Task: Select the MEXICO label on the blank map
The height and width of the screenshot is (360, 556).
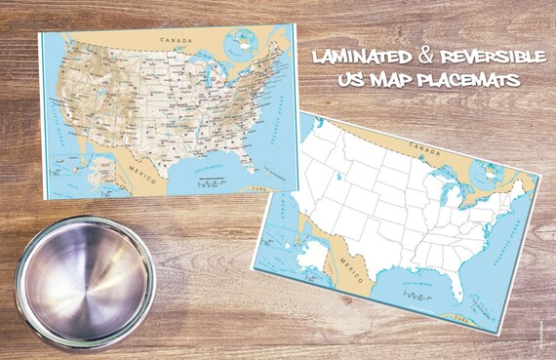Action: tap(355, 264)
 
